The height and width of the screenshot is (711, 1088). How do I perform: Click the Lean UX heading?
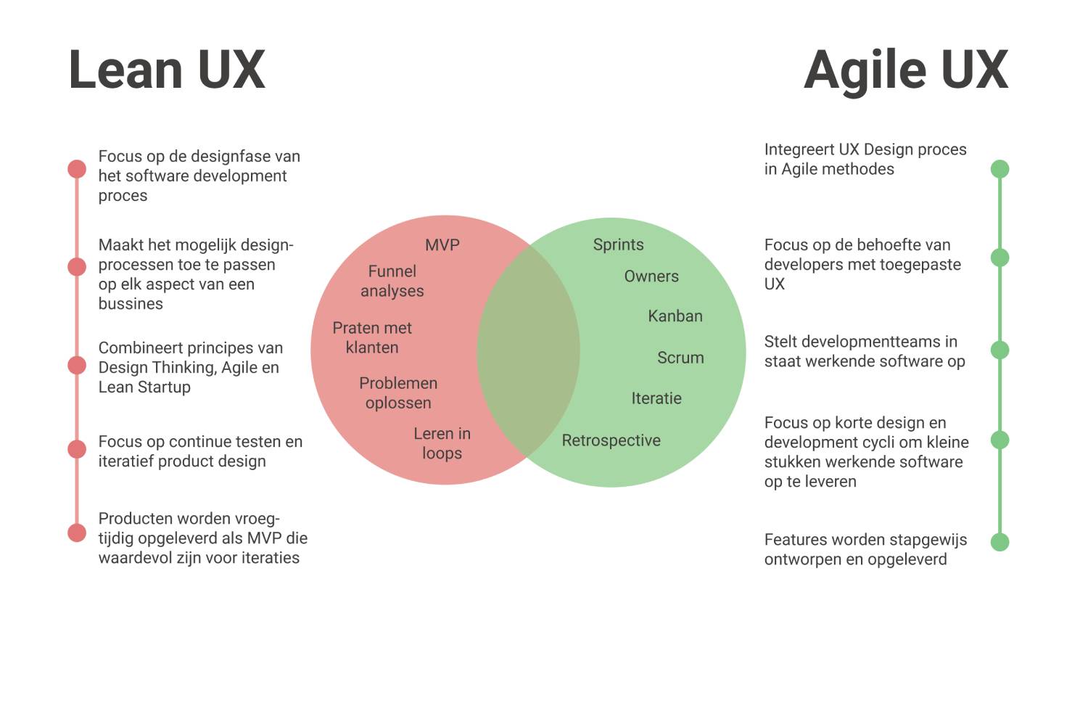coord(168,70)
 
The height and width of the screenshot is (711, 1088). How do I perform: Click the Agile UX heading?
coord(906,70)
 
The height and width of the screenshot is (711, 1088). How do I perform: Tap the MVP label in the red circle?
coord(442,245)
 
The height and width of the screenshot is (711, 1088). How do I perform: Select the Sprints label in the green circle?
coord(618,244)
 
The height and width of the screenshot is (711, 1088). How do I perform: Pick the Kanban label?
coord(675,316)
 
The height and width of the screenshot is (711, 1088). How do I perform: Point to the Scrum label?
coord(680,358)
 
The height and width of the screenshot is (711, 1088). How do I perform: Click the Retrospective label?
coord(611,440)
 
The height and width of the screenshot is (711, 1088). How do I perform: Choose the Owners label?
coord(651,276)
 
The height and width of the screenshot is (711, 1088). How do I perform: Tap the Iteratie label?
coord(656,398)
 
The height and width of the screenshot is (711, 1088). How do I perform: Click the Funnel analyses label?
coord(392,281)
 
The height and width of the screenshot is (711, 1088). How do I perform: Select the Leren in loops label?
coord(442,443)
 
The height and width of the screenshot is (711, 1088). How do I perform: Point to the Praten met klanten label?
coord(372,337)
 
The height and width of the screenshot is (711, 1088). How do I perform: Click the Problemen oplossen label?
coord(398,393)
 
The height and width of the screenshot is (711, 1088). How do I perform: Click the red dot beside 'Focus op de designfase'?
coord(77,169)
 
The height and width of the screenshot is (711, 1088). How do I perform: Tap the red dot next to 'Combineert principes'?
coord(77,365)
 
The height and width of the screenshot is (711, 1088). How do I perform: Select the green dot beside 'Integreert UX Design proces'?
coord(1000,169)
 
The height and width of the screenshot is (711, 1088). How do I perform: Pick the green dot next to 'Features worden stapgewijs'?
coord(1000,542)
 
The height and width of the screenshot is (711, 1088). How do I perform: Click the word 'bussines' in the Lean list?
coord(131,304)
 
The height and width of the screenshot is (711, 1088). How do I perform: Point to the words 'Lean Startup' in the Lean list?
coord(144,387)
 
